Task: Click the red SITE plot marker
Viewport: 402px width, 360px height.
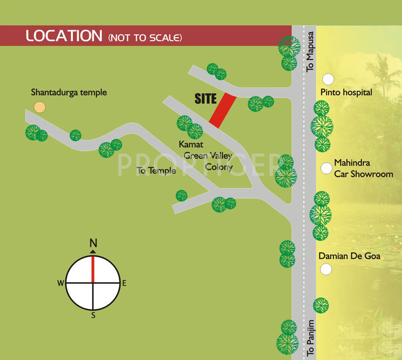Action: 223,110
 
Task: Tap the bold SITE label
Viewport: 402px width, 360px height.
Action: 206,99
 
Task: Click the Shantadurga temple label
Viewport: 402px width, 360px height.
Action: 69,92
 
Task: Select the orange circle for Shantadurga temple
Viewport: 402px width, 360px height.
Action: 39,106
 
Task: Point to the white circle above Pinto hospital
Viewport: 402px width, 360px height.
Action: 328,79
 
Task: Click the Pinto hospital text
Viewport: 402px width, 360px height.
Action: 346,92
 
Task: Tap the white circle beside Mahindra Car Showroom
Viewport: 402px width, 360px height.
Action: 327,168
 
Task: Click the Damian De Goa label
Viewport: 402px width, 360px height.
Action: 349,257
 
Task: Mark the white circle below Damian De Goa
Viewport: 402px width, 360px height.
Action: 327,270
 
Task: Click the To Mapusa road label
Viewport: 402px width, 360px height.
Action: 311,51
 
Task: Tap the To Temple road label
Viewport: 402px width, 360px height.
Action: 156,171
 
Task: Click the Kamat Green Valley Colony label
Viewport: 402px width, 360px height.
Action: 208,155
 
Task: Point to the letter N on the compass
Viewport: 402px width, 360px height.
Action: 93,244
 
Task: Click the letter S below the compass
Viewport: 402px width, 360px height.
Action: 93,316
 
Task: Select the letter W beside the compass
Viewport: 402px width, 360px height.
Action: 60,283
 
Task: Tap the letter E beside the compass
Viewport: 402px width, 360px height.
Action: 124,283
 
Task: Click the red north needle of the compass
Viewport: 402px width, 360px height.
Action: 93,269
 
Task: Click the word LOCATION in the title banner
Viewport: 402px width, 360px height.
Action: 64,36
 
